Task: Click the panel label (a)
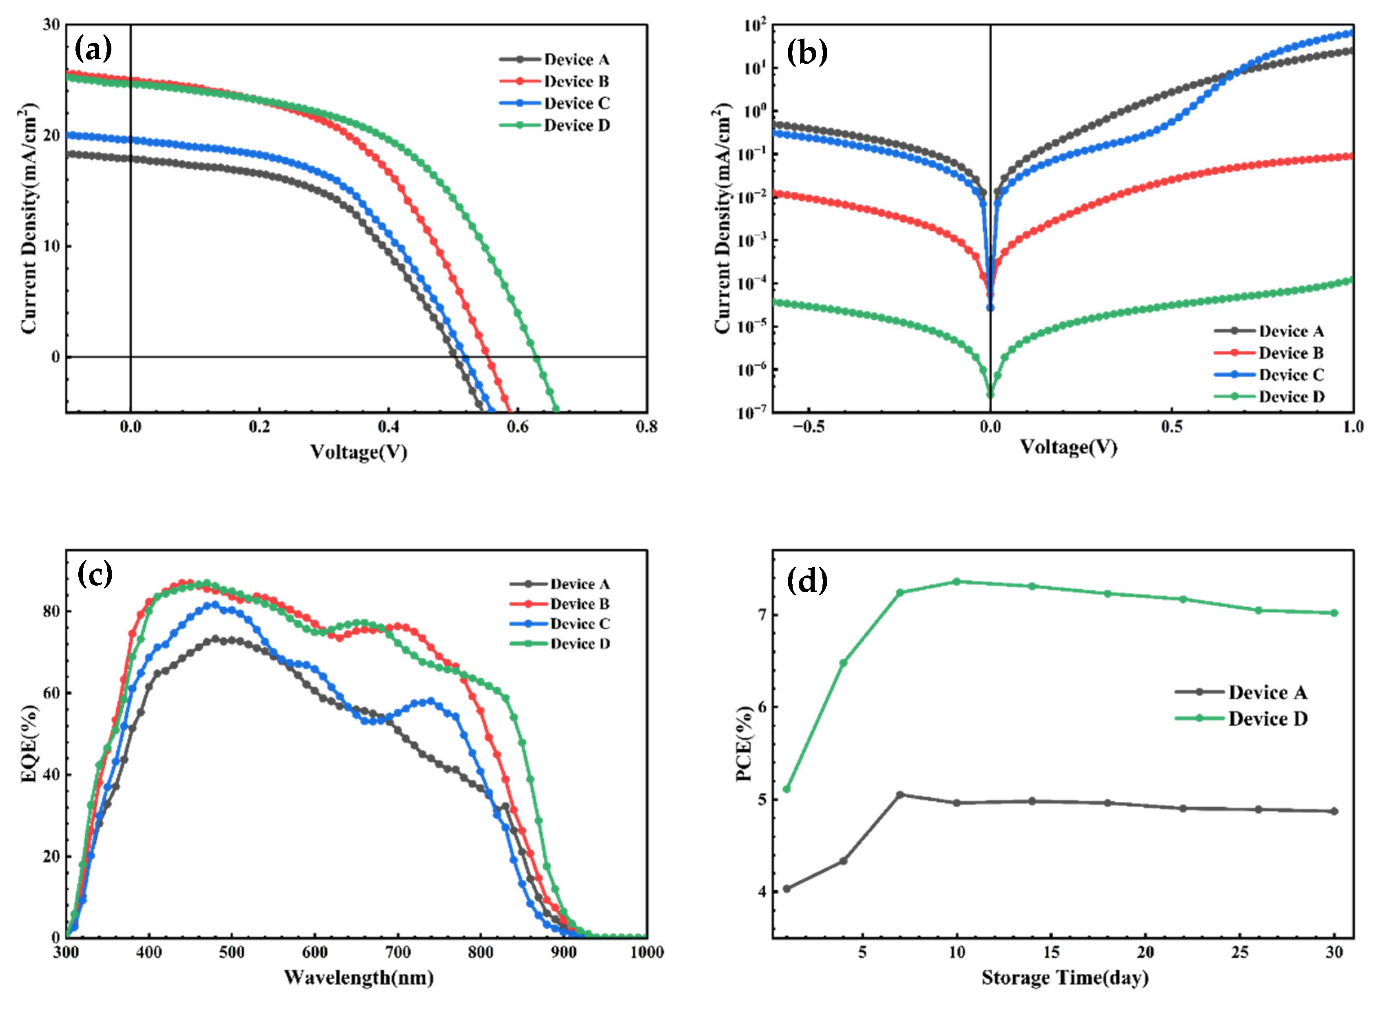coord(93,49)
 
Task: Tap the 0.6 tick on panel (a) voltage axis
coord(517,427)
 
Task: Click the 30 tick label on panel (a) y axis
coord(51,25)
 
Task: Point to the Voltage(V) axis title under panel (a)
coord(358,453)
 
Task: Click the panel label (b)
coord(807,52)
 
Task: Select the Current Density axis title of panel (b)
coord(722,219)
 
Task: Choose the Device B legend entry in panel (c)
coord(579,604)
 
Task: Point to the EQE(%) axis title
coord(29,743)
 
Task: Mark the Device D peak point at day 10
coord(957,582)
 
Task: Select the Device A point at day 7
coord(900,795)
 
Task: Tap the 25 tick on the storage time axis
coord(1240,953)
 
